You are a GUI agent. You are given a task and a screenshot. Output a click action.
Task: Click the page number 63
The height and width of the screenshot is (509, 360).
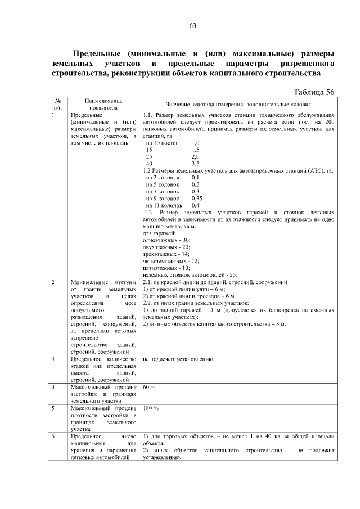point(192,26)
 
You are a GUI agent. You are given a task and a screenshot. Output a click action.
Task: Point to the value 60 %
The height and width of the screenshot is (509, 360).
point(150,388)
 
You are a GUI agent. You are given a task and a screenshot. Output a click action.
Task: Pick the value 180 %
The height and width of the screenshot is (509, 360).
point(151,408)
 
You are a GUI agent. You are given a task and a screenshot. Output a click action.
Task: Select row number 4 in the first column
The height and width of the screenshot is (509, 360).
point(52,388)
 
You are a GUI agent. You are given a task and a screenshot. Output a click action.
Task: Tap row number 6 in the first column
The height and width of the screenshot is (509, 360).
point(52,436)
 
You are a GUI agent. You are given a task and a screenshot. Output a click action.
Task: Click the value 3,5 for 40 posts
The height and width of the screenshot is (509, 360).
point(196,163)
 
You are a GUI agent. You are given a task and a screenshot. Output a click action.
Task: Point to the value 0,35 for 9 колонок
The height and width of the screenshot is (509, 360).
point(197,199)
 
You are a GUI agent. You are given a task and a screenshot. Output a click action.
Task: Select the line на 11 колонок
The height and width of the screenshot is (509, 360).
point(163,205)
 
